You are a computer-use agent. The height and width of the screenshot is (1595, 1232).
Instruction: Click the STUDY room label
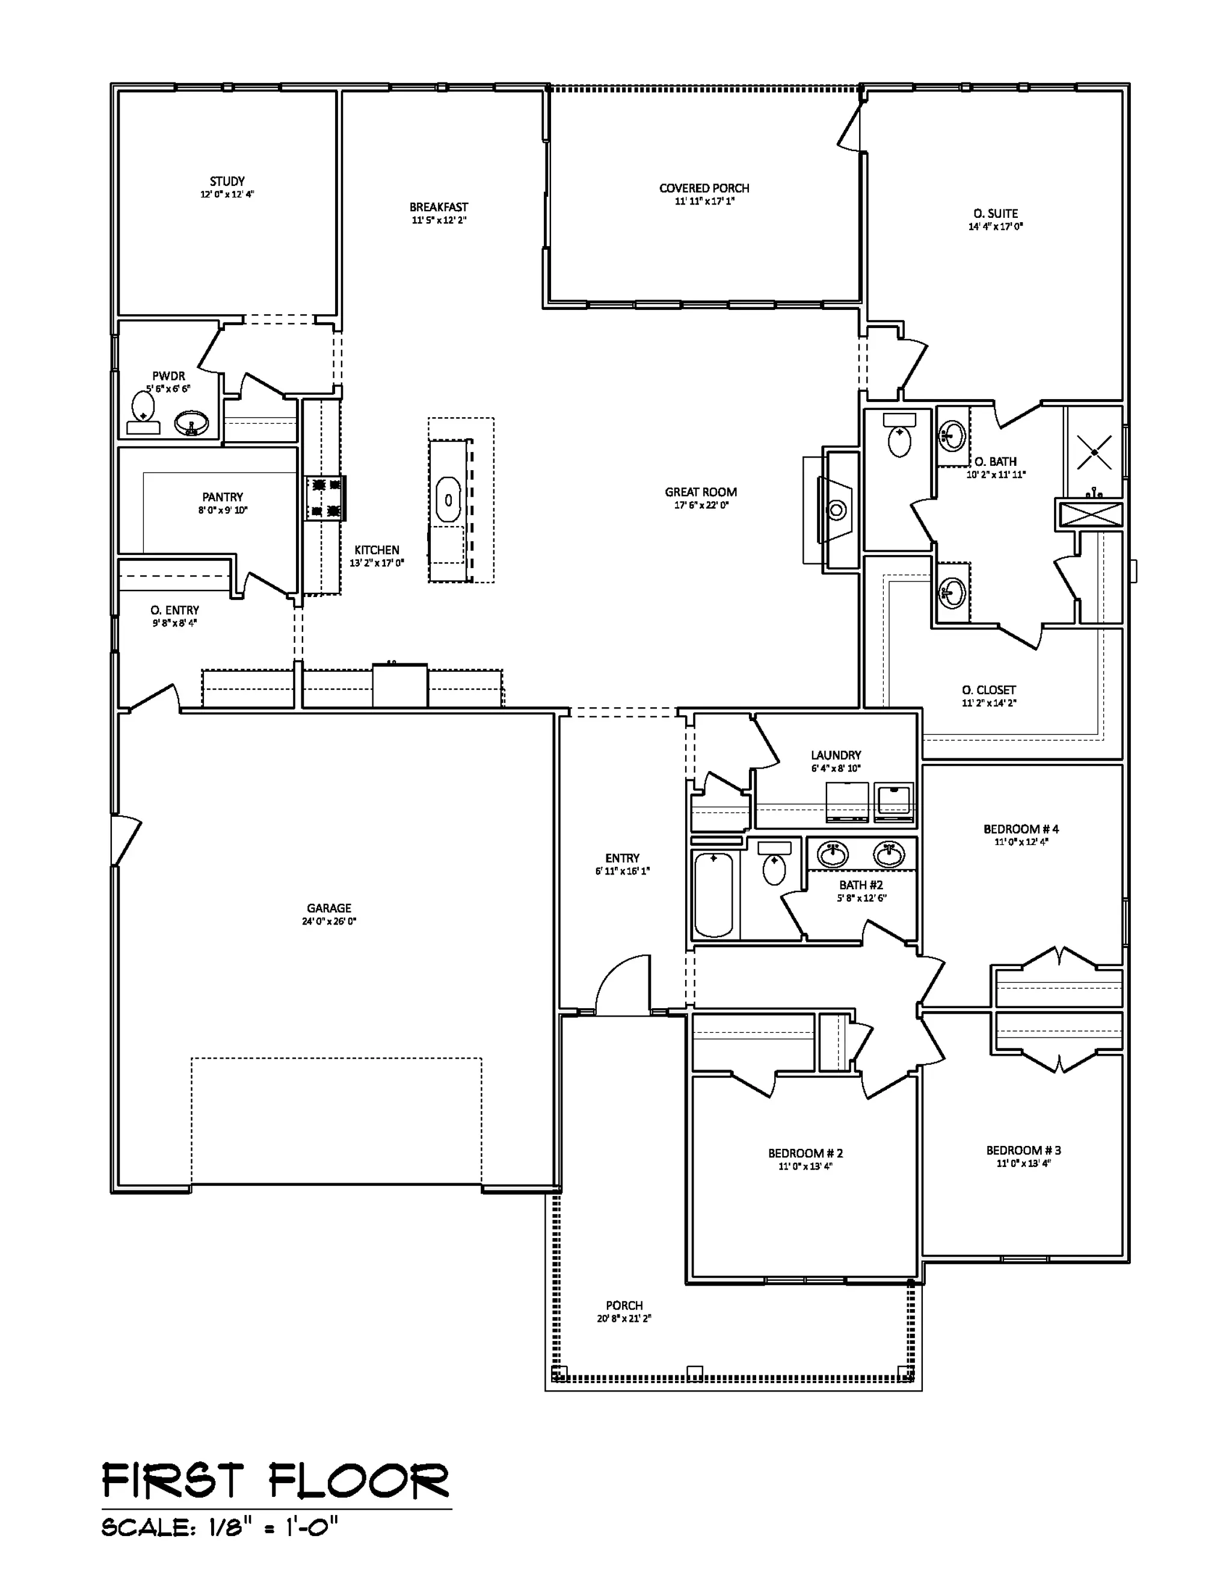click(227, 181)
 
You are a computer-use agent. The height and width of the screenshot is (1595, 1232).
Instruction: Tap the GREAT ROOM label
click(701, 492)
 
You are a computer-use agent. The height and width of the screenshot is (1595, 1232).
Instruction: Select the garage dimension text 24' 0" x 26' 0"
click(329, 921)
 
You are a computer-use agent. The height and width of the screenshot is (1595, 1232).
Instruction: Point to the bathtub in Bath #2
click(713, 894)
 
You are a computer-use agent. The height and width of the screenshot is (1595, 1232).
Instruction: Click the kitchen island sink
click(448, 500)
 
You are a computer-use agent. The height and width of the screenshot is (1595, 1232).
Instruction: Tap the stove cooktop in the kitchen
click(325, 497)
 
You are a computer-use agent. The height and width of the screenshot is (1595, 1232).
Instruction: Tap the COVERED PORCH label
click(704, 188)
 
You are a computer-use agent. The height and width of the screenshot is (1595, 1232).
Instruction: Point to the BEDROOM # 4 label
click(1021, 829)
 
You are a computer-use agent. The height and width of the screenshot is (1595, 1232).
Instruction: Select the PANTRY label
click(223, 497)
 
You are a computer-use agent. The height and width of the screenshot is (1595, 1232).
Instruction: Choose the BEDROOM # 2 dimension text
click(805, 1166)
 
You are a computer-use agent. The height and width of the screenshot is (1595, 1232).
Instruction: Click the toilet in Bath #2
click(774, 863)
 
